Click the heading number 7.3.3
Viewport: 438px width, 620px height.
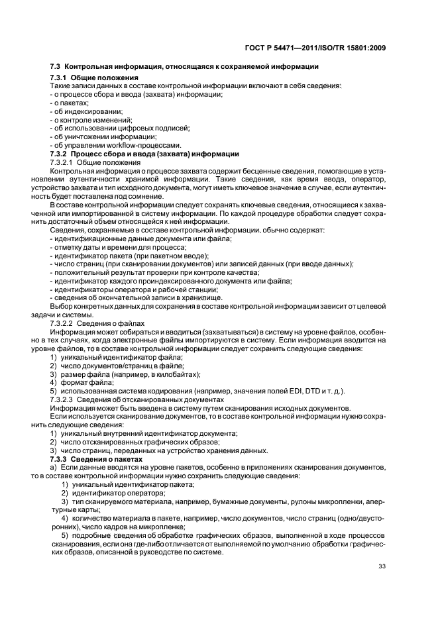61,459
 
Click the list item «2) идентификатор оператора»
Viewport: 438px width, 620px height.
108,492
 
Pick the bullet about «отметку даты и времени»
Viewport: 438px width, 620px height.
111,246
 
